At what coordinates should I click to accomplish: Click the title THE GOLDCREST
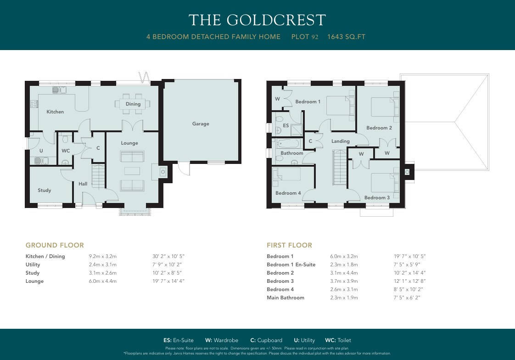coord(257,20)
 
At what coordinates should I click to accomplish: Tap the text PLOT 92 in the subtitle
coord(305,37)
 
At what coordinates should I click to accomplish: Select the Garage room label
coord(201,124)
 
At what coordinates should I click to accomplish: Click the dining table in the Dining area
coord(133,104)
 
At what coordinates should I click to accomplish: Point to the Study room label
coord(45,190)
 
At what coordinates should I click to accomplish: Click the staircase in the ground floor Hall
coord(98,176)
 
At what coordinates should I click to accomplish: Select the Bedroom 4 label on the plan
coord(288,193)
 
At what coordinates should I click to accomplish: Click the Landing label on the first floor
coord(340,141)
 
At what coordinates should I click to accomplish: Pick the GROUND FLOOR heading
coord(55,245)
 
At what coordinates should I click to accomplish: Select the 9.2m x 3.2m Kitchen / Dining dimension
coord(103,256)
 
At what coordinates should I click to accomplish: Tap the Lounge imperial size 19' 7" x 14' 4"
coord(168,281)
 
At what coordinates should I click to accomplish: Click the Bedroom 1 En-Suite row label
coord(291,264)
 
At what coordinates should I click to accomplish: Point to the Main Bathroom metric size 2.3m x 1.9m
coord(344,298)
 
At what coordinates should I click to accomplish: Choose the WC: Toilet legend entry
coord(338,340)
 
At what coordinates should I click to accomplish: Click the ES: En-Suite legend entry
coord(179,340)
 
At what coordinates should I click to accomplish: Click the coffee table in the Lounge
coord(132,171)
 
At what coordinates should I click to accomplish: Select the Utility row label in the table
coord(33,264)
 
